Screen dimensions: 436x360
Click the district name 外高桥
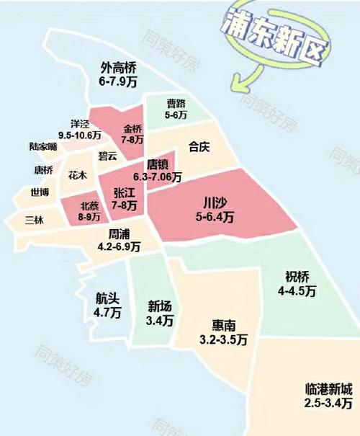tap(118, 69)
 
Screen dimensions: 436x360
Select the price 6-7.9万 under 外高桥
tap(118, 82)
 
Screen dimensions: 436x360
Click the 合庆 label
tap(199, 148)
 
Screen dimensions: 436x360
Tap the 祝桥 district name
tap(297, 277)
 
